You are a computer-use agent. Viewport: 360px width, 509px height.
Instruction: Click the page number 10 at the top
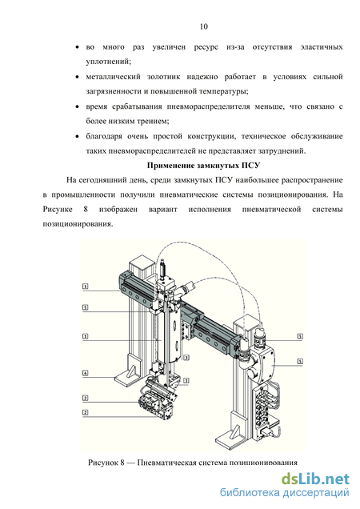(x=204, y=26)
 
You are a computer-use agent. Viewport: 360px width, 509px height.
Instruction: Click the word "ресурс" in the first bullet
(x=206, y=47)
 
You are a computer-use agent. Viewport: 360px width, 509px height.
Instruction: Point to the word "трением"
(x=154, y=122)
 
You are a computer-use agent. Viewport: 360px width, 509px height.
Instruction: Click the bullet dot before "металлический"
(x=77, y=78)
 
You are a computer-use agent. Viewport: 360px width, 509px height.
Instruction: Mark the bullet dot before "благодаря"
(x=77, y=137)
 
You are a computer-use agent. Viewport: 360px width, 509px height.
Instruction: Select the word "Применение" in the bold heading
(x=170, y=166)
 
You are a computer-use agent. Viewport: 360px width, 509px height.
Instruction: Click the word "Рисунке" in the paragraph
(x=58, y=210)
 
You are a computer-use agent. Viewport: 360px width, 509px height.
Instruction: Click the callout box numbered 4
(x=85, y=373)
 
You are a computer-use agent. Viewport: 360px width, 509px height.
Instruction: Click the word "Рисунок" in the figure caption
(x=102, y=463)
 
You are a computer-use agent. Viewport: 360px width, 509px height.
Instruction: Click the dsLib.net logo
(x=315, y=479)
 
